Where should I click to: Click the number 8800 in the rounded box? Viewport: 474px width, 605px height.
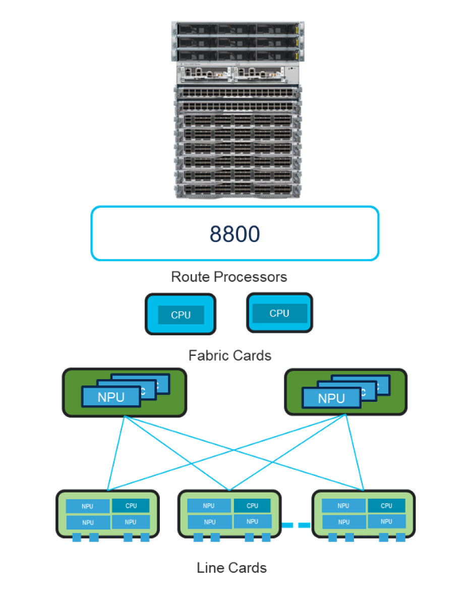[234, 234]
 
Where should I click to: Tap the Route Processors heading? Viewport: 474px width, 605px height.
[229, 277]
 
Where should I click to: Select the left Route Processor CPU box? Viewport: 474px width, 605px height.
[181, 315]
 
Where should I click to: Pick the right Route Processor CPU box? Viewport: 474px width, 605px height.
[279, 313]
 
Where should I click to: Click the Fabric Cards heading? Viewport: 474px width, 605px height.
[229, 355]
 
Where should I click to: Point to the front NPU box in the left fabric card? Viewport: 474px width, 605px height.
[111, 397]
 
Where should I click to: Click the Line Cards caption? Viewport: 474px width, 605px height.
[231, 568]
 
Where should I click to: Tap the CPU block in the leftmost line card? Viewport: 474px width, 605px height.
[131, 506]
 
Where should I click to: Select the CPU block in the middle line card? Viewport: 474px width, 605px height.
[253, 506]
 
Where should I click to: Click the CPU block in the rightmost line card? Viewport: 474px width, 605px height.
[386, 506]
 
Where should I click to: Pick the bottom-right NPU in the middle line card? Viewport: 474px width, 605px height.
[253, 522]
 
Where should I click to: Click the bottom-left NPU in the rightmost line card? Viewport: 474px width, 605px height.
[343, 522]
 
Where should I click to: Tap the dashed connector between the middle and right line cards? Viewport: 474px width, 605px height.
[296, 525]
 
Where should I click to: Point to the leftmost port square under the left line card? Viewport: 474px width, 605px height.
[77, 537]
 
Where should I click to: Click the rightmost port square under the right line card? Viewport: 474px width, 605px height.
[400, 537]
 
